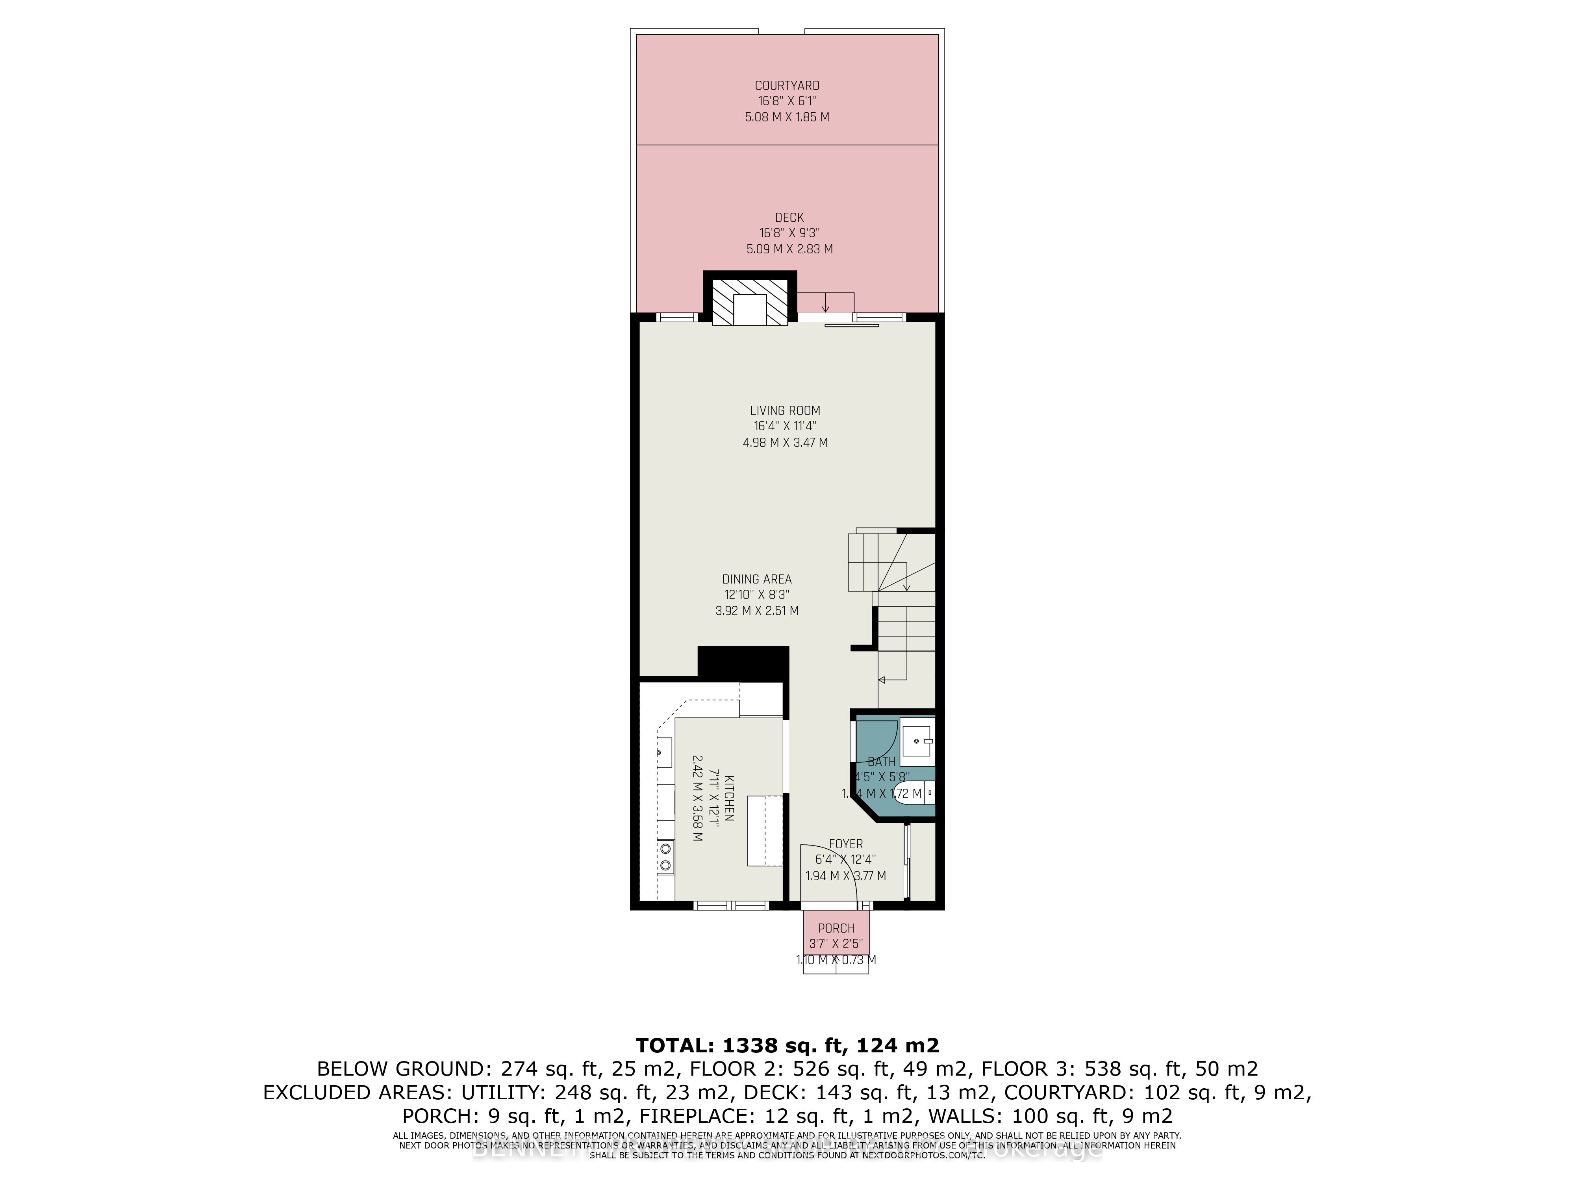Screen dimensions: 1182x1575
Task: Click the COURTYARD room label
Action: click(x=787, y=85)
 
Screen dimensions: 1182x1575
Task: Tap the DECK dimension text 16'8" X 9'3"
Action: click(x=789, y=233)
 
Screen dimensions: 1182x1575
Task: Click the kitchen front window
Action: click(x=731, y=905)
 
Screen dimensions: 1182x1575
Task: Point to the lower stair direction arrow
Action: click(x=883, y=679)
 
